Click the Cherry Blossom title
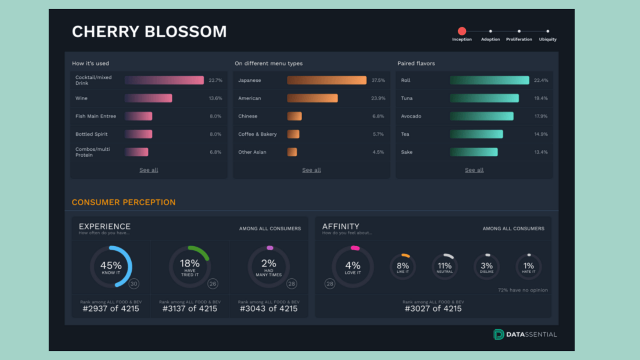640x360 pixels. (149, 32)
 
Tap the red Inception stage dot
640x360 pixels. (462, 31)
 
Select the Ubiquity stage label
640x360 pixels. (547, 39)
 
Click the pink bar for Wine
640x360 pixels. (148, 98)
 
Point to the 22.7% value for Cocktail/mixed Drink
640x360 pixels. (215, 80)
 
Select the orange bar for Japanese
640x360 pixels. (326, 80)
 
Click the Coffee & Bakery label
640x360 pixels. (257, 134)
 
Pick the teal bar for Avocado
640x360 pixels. (481, 116)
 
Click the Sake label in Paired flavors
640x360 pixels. (406, 152)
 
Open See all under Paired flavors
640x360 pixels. (474, 170)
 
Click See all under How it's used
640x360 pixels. (149, 170)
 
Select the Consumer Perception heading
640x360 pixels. (123, 202)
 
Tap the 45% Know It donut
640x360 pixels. (111, 267)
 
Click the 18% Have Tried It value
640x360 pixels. (189, 264)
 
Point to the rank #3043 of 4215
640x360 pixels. (268, 308)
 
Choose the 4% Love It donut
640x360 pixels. (352, 267)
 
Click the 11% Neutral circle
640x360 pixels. (444, 267)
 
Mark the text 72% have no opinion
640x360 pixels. (523, 290)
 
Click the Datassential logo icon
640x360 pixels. (498, 334)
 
